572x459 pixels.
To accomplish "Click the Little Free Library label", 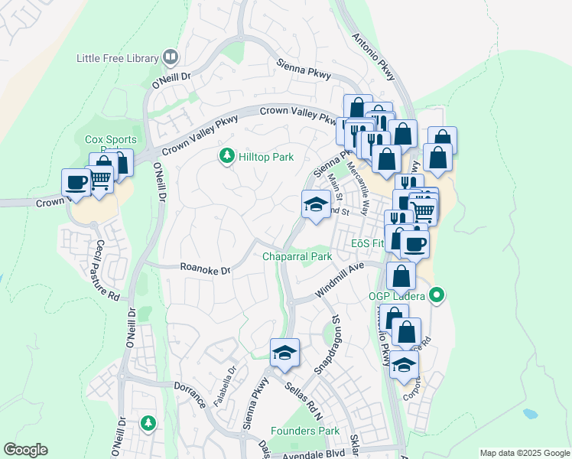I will tap(117, 57).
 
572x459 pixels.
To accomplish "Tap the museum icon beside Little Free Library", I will tap(171, 57).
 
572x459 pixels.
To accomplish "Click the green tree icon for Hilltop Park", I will tap(226, 157).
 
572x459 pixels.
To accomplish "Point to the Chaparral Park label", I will tap(297, 256).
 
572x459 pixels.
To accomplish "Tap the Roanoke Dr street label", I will tap(205, 269).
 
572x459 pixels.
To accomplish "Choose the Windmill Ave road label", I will tap(340, 281).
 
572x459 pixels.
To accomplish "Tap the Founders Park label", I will tap(304, 431).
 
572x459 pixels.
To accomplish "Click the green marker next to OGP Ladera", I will tap(437, 294).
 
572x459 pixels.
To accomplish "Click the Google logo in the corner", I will tap(25, 450).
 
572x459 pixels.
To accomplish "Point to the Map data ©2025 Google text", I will tap(524, 453).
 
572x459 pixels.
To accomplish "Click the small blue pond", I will tap(530, 414).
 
